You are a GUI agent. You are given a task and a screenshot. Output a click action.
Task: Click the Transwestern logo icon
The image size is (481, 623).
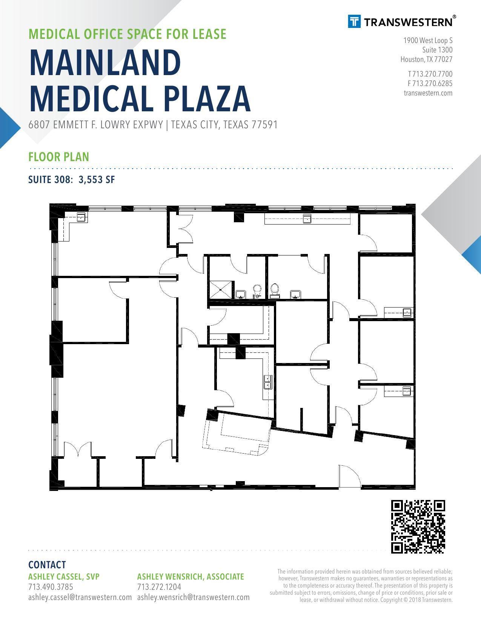[x=354, y=22]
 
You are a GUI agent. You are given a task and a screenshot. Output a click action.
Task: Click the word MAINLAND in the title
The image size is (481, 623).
[x=105, y=63]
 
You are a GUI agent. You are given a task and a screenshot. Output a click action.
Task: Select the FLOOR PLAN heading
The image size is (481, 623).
[x=59, y=157]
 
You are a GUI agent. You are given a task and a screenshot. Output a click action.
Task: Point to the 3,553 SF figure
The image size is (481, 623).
[x=97, y=180]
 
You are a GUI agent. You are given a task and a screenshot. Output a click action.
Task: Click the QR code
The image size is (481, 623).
[x=418, y=527]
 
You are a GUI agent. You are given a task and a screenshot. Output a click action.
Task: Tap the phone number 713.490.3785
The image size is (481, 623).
[x=51, y=587]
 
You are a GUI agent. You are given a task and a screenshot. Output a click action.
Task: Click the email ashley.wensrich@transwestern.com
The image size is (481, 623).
[x=194, y=597]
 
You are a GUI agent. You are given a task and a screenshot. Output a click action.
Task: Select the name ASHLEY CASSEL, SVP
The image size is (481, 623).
[x=64, y=577]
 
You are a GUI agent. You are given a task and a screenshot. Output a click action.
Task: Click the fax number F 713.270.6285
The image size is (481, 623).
[x=430, y=83]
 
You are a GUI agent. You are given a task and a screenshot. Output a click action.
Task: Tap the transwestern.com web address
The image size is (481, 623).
[x=428, y=93]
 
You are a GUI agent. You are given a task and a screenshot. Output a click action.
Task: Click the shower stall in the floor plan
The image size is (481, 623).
[x=221, y=290]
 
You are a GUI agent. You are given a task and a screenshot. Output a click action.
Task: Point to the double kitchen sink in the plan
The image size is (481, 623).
[x=268, y=382]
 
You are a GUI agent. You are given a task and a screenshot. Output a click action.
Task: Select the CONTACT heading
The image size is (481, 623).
[x=47, y=565]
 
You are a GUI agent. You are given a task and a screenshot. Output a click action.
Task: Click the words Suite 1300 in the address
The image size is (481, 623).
[x=438, y=50]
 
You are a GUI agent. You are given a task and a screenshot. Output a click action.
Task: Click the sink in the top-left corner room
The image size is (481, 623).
[x=82, y=217]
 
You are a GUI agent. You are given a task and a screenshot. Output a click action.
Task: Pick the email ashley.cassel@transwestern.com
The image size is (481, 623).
[x=80, y=597]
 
